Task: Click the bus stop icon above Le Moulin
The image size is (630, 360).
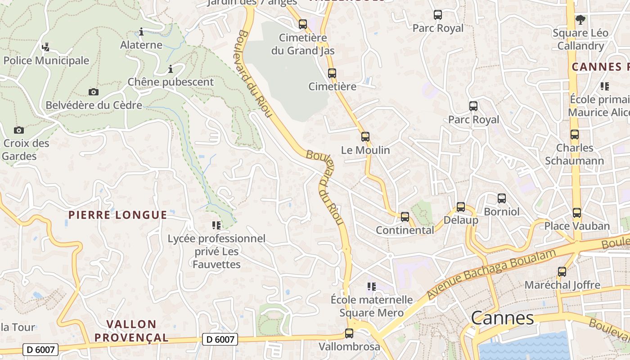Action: [x=365, y=136]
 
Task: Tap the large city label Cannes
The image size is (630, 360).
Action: [x=502, y=318]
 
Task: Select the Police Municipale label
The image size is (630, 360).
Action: [x=46, y=60]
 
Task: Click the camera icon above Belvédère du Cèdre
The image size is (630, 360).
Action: [x=93, y=92]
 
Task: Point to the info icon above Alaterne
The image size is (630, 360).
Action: [x=141, y=31]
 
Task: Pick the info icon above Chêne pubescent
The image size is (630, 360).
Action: [x=171, y=69]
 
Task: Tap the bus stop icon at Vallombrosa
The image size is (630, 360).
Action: [x=349, y=333]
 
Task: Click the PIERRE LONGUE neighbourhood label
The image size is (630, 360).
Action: [x=117, y=215]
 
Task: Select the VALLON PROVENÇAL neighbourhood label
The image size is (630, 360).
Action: [x=131, y=330]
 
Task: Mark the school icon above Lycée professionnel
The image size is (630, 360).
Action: [x=216, y=225]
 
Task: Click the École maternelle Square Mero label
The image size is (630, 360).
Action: [x=371, y=306]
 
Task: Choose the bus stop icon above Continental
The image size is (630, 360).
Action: [x=405, y=217]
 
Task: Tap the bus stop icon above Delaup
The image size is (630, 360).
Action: [x=461, y=207]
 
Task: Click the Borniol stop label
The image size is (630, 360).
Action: [x=501, y=211]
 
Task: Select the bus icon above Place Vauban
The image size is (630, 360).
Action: [x=577, y=213]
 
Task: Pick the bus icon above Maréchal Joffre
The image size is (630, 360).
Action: [x=562, y=272]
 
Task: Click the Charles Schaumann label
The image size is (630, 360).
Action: [x=575, y=154]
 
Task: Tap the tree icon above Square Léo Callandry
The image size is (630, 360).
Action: [x=580, y=19]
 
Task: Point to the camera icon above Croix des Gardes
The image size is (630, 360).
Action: [x=19, y=130]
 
